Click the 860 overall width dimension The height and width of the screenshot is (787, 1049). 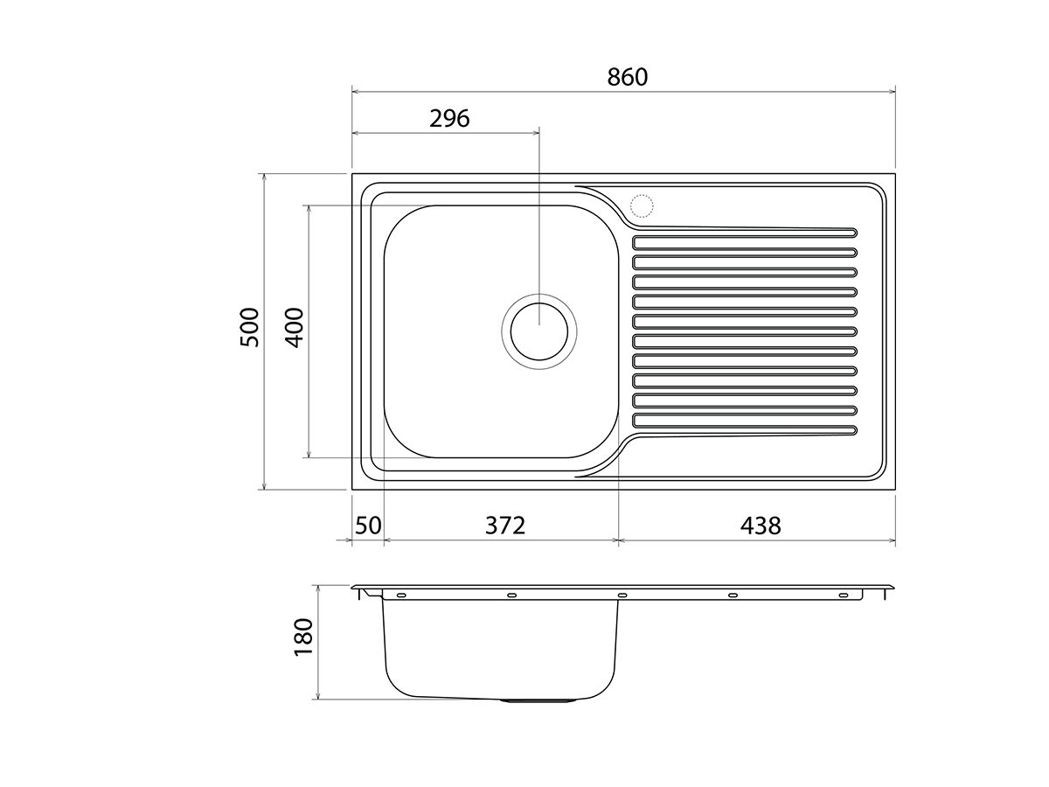[628, 77]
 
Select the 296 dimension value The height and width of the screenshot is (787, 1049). [449, 118]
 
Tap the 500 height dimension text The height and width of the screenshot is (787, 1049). [250, 327]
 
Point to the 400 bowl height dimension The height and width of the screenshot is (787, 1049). [294, 327]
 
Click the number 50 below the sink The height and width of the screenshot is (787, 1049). [368, 526]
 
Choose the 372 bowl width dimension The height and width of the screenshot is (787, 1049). [505, 526]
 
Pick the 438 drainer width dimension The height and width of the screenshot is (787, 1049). [761, 526]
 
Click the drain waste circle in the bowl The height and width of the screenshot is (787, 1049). [538, 331]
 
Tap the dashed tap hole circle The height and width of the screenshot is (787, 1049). [642, 205]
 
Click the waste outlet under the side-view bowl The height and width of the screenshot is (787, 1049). [538, 700]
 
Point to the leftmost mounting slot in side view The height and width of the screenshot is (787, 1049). [401, 595]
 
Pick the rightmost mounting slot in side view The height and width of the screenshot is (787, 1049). [843, 595]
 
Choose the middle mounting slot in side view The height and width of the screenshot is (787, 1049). [622, 595]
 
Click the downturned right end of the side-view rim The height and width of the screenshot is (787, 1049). [888, 595]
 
